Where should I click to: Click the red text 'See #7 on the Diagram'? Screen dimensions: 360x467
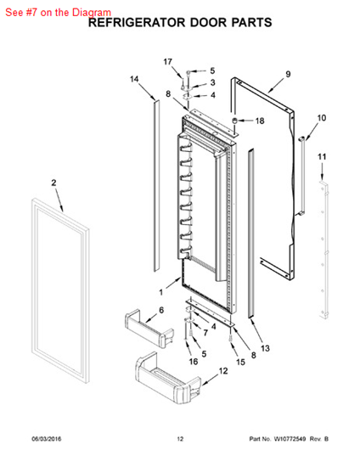(58, 13)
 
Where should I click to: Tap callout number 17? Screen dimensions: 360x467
(168, 62)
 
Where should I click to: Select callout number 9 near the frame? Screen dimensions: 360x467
(288, 74)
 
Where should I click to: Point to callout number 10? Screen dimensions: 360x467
(322, 118)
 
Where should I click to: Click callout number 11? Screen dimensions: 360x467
(322, 157)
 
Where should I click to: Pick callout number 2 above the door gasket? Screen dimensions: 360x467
(53, 183)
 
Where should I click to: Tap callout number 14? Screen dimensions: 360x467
(134, 79)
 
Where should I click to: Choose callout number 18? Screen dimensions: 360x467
(260, 121)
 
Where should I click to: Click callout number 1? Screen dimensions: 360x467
(161, 292)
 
